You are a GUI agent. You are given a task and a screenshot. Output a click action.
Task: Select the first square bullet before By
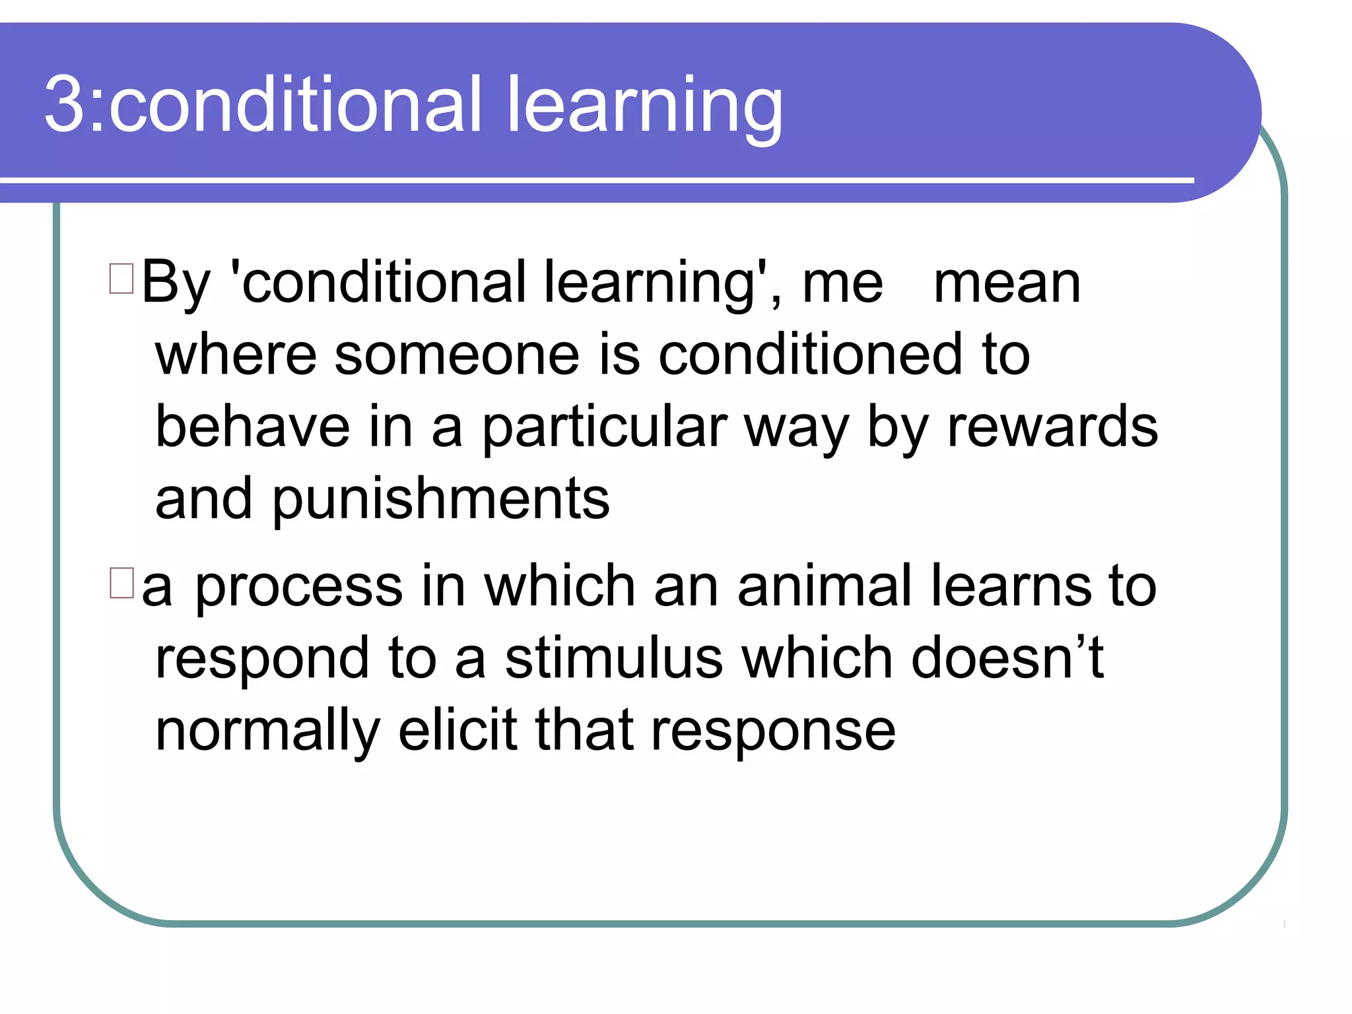[121, 278]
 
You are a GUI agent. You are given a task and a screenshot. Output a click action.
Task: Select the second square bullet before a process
[121, 583]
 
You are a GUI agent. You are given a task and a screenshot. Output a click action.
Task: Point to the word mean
[1007, 284]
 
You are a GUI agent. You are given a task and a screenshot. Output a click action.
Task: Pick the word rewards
[1052, 427]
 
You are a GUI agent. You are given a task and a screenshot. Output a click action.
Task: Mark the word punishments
[441, 500]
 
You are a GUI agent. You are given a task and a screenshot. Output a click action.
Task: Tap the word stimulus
[614, 658]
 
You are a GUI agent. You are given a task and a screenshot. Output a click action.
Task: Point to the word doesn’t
[1007, 658]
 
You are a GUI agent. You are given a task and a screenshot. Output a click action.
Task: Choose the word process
[298, 588]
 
